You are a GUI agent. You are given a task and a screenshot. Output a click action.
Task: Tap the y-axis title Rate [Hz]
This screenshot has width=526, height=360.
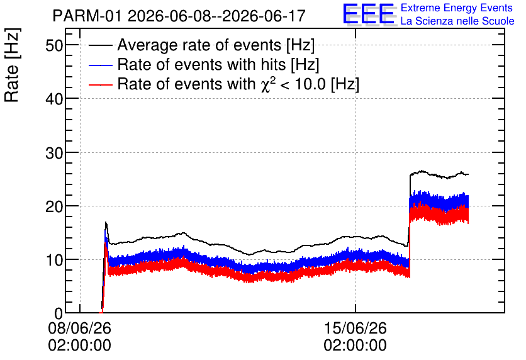click(x=12, y=65)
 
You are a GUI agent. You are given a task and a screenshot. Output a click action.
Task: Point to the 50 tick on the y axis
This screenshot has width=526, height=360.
click(x=54, y=45)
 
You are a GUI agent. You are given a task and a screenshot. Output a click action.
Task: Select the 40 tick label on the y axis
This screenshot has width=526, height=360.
click(x=54, y=99)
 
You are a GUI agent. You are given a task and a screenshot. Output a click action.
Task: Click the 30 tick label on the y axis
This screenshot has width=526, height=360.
click(x=54, y=153)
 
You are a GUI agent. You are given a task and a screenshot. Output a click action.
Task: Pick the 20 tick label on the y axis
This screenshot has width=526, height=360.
click(x=54, y=206)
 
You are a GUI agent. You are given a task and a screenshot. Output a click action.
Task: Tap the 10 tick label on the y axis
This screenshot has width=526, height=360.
click(x=54, y=260)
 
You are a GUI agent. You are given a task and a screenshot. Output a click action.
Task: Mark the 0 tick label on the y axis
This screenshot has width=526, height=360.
click(x=59, y=313)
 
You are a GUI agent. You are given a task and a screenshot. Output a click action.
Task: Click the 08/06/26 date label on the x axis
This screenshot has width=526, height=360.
click(x=79, y=328)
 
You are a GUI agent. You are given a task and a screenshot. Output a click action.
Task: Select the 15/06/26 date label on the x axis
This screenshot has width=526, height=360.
click(x=355, y=328)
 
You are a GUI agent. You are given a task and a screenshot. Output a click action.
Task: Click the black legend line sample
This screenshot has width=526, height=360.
click(x=100, y=45)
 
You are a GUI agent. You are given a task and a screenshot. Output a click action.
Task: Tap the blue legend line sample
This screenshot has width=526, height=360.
click(x=100, y=65)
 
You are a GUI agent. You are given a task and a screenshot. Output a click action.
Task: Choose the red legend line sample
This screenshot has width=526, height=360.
click(x=100, y=84)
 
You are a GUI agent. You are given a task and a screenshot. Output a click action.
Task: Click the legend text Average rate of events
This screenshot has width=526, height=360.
click(x=199, y=45)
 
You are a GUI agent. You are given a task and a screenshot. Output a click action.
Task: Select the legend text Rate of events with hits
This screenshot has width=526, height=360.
click(x=201, y=64)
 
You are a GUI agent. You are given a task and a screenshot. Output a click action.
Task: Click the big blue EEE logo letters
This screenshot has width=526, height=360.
click(x=368, y=14)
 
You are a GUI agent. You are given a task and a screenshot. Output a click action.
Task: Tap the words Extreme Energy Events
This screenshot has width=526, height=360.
click(x=457, y=8)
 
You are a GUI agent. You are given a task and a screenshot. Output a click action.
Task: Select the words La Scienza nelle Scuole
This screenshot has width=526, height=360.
click(x=457, y=21)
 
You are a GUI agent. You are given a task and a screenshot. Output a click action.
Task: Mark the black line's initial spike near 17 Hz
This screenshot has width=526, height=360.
click(x=106, y=223)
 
